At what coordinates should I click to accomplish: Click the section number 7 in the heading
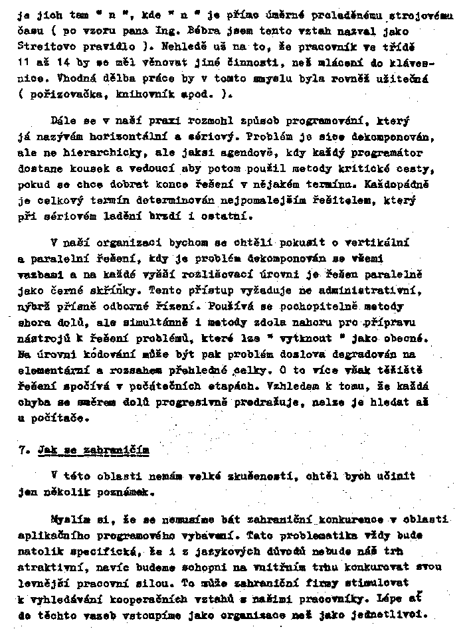click(x=23, y=450)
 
